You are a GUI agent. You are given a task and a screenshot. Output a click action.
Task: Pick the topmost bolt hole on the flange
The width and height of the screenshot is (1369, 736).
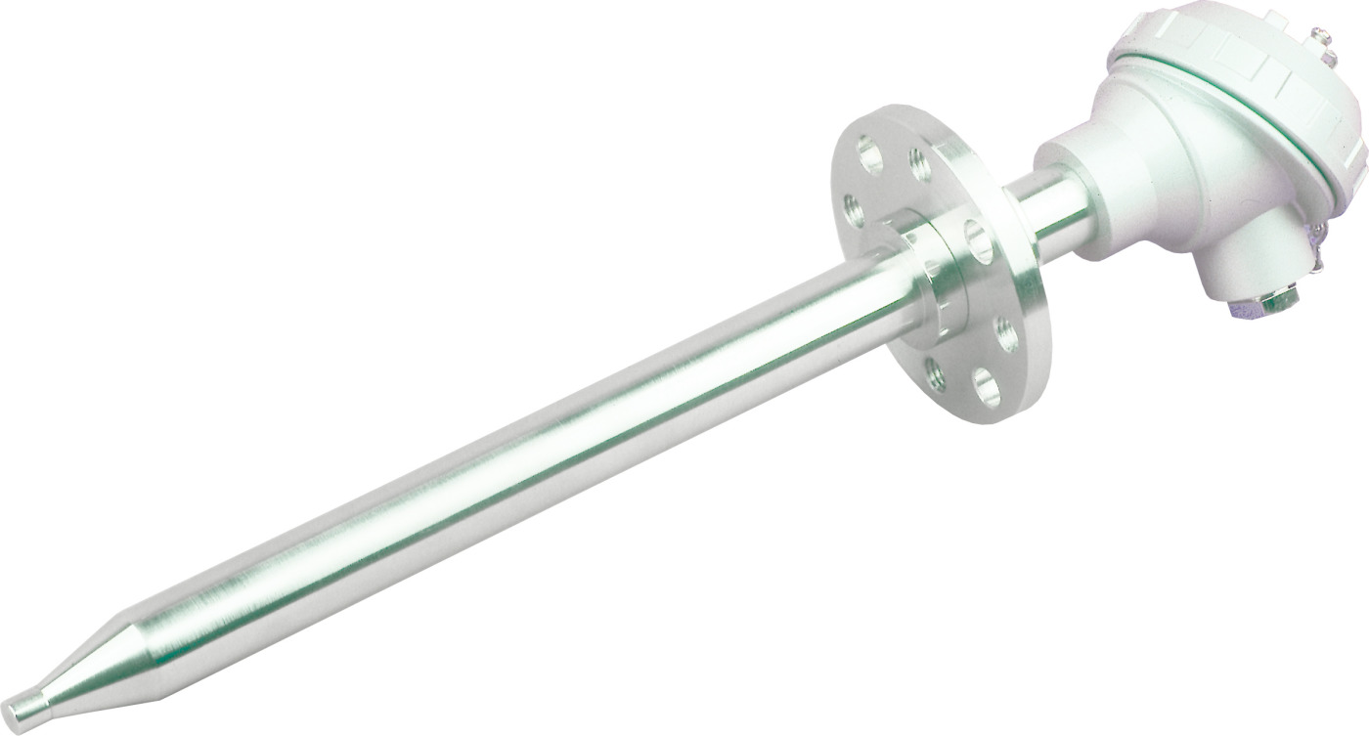point(868,152)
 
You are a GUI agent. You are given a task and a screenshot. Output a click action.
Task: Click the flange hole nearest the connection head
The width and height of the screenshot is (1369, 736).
point(978,240)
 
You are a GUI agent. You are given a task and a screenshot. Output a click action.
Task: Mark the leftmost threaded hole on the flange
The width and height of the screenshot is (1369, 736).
point(854,209)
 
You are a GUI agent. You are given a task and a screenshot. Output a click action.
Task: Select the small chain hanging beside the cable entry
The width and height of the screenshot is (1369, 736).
point(1315,259)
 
